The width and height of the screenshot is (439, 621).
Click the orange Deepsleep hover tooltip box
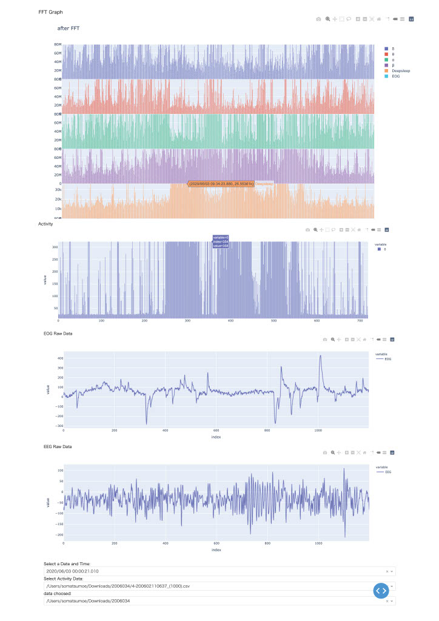[221, 183]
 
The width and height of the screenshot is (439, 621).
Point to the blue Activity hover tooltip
[220, 241]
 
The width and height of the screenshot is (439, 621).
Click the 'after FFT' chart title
[69, 28]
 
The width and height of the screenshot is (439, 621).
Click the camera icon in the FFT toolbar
[318, 19]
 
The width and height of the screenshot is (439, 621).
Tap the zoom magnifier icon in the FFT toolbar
[328, 19]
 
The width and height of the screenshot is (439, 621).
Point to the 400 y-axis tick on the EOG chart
[59, 358]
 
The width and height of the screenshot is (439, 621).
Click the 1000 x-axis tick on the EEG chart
[318, 544]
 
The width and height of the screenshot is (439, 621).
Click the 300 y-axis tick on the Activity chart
[55, 247]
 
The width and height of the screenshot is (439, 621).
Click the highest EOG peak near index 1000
[320, 357]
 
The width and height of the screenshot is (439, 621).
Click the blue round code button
[380, 590]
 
